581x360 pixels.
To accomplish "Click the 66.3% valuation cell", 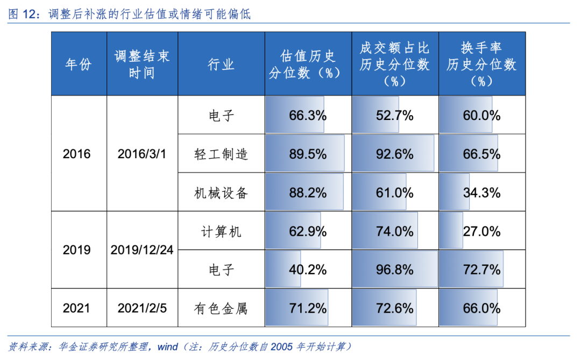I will [x=308, y=115].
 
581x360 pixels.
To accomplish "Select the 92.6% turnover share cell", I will [x=394, y=154].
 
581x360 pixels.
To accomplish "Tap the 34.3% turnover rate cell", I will [x=481, y=193].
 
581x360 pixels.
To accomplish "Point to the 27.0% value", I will [x=481, y=231].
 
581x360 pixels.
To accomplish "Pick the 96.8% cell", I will [x=394, y=270].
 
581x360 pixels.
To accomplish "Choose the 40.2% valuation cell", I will [x=308, y=270].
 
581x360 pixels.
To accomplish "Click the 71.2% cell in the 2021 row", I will [x=308, y=308].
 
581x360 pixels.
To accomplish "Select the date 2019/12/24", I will [x=142, y=250].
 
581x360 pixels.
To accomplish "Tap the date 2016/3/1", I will [x=142, y=154].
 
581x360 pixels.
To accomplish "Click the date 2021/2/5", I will [x=142, y=308].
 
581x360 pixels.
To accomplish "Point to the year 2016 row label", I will [x=77, y=154].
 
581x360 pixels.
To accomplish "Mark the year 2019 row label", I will [x=77, y=250].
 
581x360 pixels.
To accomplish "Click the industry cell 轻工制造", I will [x=221, y=154].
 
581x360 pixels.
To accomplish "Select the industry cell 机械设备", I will [x=221, y=193].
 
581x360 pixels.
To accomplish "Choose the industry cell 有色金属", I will [x=221, y=308].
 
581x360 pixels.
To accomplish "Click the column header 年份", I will [x=79, y=65].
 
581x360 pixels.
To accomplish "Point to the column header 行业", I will [x=221, y=65].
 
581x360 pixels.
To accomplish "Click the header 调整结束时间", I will [x=142, y=65].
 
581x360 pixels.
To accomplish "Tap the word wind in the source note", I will [x=167, y=347].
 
